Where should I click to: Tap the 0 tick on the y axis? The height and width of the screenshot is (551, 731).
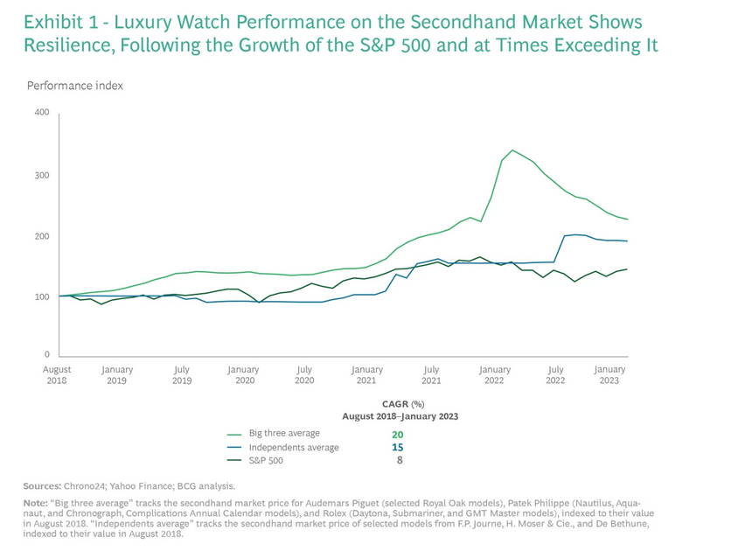tap(47, 355)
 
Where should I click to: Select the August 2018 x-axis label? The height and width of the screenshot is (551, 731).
tap(57, 375)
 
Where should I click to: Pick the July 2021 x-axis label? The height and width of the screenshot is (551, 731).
tap(431, 375)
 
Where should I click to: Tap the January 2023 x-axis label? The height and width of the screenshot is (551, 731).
tap(609, 375)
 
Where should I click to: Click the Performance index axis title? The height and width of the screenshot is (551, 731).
tap(75, 86)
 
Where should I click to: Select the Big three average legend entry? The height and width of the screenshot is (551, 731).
tap(284, 433)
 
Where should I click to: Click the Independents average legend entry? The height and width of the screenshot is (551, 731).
tap(294, 447)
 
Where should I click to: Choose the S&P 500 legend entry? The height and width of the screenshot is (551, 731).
tap(266, 460)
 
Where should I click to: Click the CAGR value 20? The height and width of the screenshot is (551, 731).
tap(399, 433)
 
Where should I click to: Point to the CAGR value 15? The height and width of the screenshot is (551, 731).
tap(399, 447)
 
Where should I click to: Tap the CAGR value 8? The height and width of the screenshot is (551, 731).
tap(400, 460)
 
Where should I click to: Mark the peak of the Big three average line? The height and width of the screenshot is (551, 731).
tap(512, 150)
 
